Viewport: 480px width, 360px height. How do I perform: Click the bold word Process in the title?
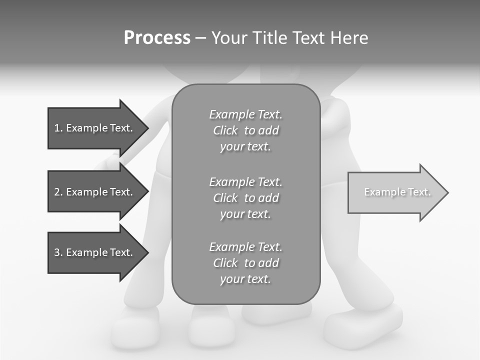pos(157,37)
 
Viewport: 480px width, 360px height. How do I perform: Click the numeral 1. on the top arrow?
pos(58,128)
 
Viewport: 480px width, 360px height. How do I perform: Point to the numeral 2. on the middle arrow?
pos(58,192)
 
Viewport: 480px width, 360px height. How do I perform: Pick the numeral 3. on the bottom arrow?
pos(58,252)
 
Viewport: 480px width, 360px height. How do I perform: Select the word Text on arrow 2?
pos(121,192)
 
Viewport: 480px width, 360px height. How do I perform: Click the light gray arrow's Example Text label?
pos(397,192)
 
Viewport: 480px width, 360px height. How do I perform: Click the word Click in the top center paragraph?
pos(225,130)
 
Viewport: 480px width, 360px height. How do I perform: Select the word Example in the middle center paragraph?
pos(231,182)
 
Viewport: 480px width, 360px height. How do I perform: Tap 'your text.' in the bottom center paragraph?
pos(245,279)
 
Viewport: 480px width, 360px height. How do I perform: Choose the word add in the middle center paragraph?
pos(269,198)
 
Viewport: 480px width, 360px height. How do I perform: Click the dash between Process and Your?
pos(200,38)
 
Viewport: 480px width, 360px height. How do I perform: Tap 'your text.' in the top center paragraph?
pos(245,147)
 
